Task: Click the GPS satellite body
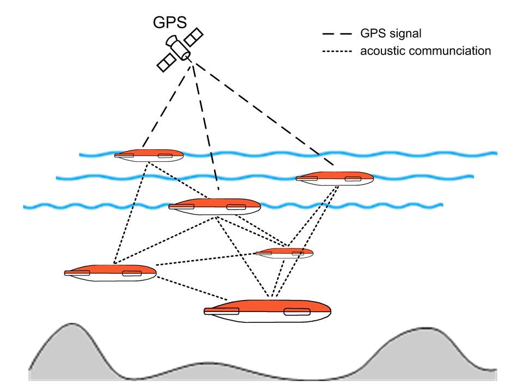(x=180, y=49)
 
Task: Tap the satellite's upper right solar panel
(x=194, y=38)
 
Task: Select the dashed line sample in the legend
(x=337, y=34)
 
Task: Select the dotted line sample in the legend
(x=337, y=52)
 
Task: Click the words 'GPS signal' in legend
(x=390, y=34)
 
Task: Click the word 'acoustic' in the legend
(x=379, y=52)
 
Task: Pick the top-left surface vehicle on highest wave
(x=149, y=155)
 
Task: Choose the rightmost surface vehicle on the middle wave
(x=335, y=177)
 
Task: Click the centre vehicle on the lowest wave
(x=214, y=206)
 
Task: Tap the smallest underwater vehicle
(x=284, y=253)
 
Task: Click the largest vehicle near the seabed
(x=267, y=311)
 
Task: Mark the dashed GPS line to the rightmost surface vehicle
(x=267, y=114)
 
